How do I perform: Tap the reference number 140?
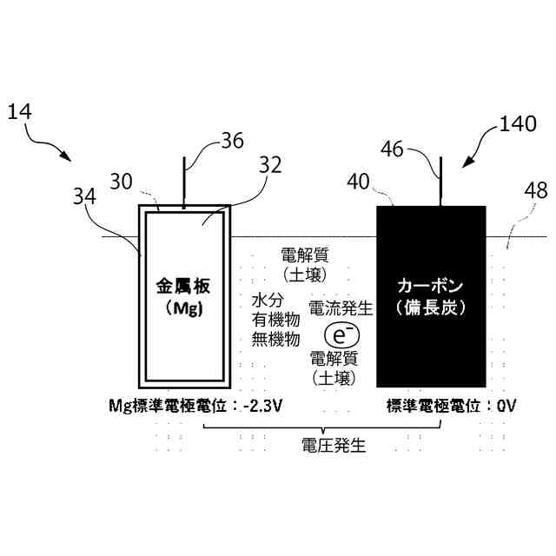point(519,123)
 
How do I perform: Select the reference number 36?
point(232,141)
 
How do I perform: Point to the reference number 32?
point(270,165)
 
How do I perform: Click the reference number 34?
point(85,198)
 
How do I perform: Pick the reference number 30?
point(122,182)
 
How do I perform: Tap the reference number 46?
point(392,149)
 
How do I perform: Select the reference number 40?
point(358,182)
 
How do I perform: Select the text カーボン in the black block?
point(431,286)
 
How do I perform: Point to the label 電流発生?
point(341,308)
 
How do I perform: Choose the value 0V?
point(506,406)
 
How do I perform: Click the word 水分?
point(264,300)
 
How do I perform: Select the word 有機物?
point(275,320)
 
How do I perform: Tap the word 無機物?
point(275,340)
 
